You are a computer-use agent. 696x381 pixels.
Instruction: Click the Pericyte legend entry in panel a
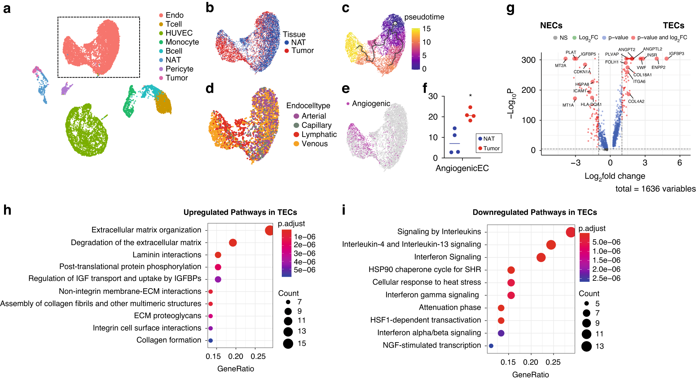click(x=179, y=69)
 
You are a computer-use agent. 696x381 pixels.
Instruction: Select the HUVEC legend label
click(x=179, y=33)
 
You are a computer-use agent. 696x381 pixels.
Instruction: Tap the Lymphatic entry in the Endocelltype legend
click(x=319, y=134)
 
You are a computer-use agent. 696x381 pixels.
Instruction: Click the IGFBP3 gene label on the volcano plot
click(x=676, y=54)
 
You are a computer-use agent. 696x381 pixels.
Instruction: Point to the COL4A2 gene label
click(x=636, y=101)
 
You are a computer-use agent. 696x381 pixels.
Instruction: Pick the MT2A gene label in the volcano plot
click(x=561, y=65)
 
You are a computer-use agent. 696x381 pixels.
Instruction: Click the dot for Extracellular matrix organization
click(x=269, y=230)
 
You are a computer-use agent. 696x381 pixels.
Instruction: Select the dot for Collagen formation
click(x=211, y=341)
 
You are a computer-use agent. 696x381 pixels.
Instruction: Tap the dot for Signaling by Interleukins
click(x=570, y=232)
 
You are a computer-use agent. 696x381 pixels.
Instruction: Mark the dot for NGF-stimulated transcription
click(x=491, y=346)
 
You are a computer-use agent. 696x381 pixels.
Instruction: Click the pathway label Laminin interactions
click(x=167, y=255)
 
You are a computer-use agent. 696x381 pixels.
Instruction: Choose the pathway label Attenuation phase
click(x=450, y=307)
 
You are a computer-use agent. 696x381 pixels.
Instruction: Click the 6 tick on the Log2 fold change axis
click(x=679, y=163)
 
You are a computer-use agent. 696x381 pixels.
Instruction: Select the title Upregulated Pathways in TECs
click(x=240, y=212)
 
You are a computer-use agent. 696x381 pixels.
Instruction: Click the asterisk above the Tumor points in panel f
click(x=470, y=96)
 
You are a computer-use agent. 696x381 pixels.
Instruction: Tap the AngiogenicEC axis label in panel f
click(x=462, y=168)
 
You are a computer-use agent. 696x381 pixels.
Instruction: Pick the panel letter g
click(x=510, y=8)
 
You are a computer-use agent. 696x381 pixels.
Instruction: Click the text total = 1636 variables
click(x=655, y=189)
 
